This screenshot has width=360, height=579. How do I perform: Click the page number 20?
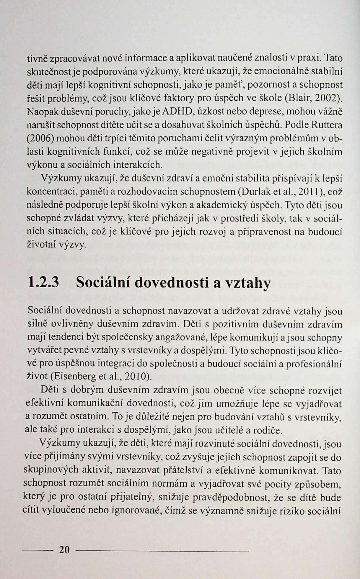pyautogui.click(x=64, y=549)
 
